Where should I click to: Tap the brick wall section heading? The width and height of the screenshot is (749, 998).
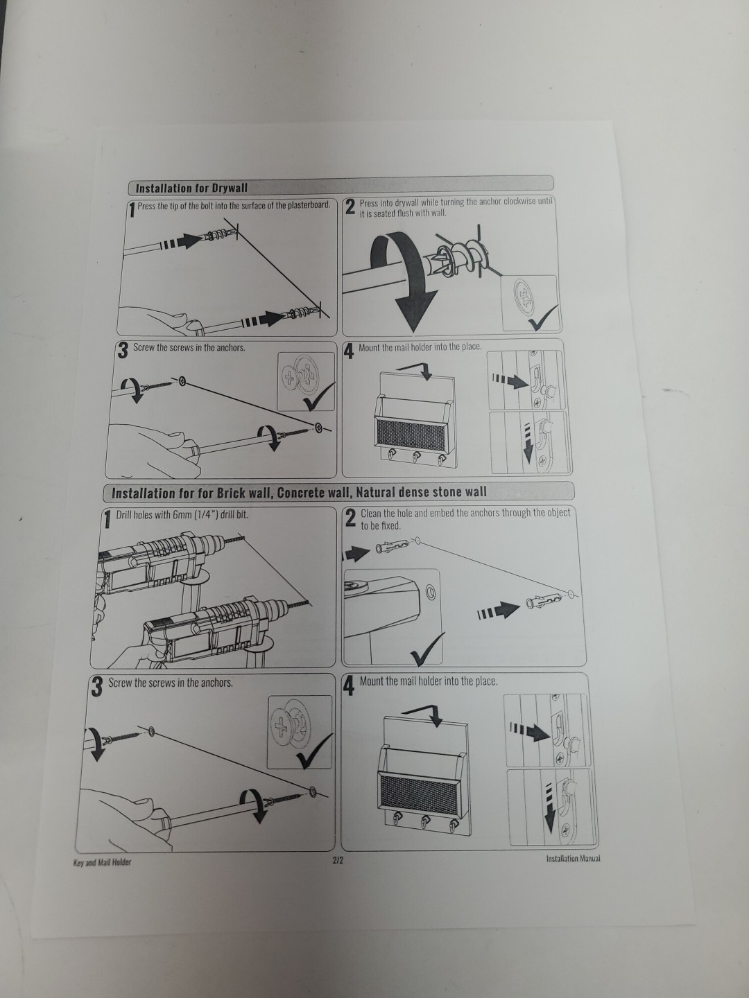point(299,493)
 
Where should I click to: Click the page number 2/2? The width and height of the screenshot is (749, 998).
point(338,860)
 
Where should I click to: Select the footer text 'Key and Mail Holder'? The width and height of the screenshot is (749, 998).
point(102,862)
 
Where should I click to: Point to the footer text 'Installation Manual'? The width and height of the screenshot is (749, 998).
point(573,859)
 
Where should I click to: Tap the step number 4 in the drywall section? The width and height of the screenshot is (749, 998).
point(349,350)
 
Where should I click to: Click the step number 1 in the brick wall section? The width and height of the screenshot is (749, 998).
point(107,519)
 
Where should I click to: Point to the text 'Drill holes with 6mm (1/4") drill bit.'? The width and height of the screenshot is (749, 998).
point(182,515)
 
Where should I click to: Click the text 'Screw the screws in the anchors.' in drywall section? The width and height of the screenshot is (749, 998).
point(189,348)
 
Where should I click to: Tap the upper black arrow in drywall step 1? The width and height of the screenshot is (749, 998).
point(180,242)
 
